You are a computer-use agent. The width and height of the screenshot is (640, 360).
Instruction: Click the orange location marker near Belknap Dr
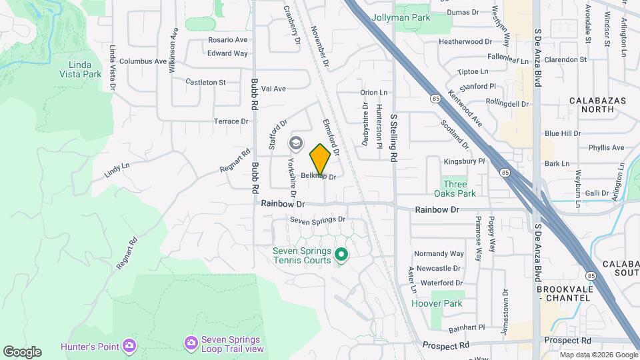[320, 158]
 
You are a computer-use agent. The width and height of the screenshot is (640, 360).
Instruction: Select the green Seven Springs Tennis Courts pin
[341, 255]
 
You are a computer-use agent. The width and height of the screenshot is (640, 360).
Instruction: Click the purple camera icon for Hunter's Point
[129, 345]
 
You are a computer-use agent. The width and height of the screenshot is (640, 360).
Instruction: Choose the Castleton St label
[206, 82]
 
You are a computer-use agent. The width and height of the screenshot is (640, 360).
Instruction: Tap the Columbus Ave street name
[143, 61]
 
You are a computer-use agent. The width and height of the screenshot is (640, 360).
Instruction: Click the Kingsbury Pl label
[464, 161]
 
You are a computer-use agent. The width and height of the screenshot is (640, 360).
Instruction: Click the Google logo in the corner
[22, 351]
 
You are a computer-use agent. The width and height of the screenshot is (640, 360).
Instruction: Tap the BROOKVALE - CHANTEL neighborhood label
[563, 293]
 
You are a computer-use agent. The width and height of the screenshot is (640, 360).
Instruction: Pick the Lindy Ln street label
[117, 170]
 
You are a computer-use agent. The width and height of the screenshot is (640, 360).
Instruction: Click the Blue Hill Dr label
[563, 133]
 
